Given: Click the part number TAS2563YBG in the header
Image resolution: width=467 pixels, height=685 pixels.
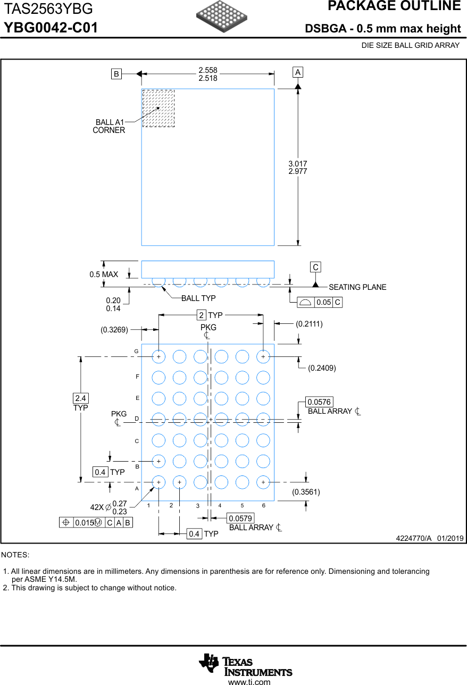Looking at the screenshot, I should tap(48, 9).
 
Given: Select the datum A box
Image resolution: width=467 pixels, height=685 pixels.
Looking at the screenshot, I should tap(298, 72).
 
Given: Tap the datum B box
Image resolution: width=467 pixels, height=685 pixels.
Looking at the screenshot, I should tap(116, 74).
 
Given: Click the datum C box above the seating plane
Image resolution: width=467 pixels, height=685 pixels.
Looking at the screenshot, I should tap(315, 267).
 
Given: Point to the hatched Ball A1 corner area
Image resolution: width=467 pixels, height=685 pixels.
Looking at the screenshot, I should tap(158, 108).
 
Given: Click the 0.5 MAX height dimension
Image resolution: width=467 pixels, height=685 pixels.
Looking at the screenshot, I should tap(104, 274).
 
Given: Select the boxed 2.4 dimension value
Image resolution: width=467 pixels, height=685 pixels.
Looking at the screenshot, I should tap(80, 398).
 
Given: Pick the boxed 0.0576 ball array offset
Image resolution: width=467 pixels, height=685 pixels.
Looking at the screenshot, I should tap(319, 402).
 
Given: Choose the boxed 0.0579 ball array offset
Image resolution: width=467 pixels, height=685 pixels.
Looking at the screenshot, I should tap(240, 518).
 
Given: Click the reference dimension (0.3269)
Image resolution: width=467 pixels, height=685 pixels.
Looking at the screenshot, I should tap(114, 330).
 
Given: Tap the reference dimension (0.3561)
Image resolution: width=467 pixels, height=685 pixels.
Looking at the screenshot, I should tap(306, 492).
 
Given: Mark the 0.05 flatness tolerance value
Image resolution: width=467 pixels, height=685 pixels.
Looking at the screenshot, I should tap(323, 302).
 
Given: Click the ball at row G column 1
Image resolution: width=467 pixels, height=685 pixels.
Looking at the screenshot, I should tap(159, 356).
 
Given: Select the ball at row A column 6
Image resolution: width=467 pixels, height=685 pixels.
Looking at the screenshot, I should tap(263, 482).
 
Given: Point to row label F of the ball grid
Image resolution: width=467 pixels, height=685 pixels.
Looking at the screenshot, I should tap(137, 377).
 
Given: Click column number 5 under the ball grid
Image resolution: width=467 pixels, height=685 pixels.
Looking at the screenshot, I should tap(242, 505).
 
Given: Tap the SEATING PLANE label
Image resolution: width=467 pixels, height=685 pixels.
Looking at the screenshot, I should tap(357, 287).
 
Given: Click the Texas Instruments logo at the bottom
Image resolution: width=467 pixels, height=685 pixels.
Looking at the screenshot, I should tap(245, 665).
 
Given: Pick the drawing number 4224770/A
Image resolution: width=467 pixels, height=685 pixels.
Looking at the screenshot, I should tap(413, 538).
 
